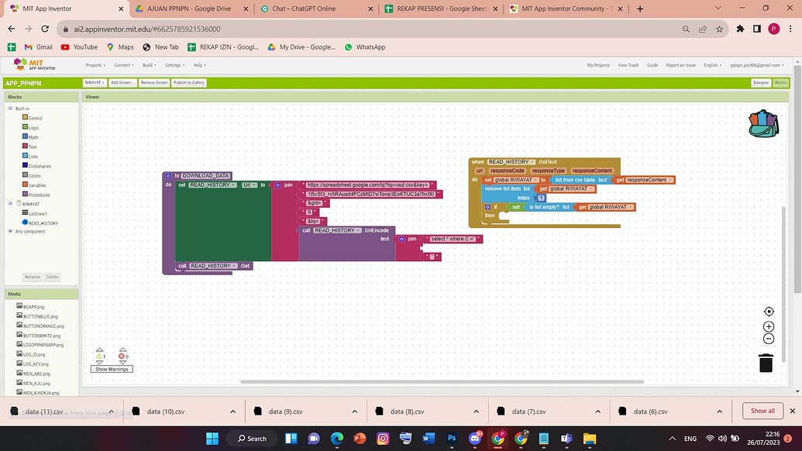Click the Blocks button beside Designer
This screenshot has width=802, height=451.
780,82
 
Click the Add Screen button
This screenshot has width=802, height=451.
122,82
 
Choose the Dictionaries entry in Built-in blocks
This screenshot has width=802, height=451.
40,166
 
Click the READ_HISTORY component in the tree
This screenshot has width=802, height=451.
43,223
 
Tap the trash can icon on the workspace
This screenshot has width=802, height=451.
766,363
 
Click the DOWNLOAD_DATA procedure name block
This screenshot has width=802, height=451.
206,176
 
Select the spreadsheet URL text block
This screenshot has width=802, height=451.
368,185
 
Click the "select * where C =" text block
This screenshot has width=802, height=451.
453,239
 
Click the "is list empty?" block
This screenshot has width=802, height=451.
548,207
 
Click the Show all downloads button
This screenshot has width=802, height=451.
762,411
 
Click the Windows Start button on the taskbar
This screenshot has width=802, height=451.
212,439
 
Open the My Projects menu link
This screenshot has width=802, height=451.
598,65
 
